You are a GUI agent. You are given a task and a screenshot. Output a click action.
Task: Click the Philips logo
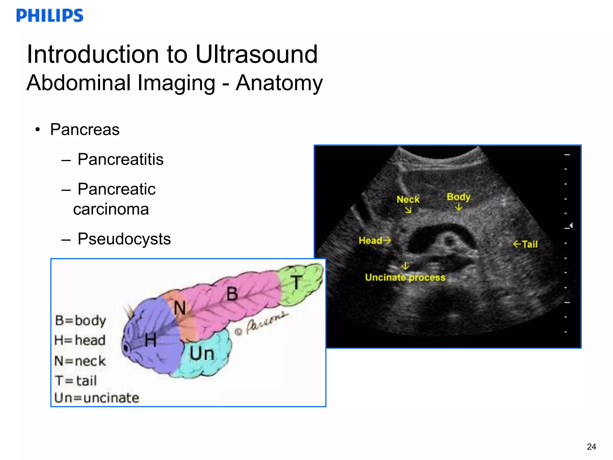[x=50, y=16]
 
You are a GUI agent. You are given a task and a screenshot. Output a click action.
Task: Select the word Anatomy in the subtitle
[x=279, y=83]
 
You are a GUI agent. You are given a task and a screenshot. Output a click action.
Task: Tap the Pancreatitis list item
[x=120, y=159]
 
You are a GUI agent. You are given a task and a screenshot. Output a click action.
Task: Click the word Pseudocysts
[x=124, y=239]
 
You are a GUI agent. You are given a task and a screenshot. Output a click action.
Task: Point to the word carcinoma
[x=111, y=209]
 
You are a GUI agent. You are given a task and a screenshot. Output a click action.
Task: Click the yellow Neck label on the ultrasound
[x=408, y=199]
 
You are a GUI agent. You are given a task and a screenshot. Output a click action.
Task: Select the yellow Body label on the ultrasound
[x=458, y=197]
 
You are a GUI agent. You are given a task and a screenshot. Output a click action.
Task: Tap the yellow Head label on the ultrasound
[x=371, y=240]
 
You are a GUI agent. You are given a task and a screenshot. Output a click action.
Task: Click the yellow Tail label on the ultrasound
[x=529, y=244]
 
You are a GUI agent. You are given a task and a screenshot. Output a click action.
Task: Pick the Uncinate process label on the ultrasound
[x=405, y=277]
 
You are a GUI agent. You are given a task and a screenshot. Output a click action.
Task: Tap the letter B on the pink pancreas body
[x=232, y=294]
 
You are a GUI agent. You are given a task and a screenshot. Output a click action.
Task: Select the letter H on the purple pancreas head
[x=151, y=341]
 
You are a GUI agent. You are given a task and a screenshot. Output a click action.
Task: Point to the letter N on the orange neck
[x=180, y=308]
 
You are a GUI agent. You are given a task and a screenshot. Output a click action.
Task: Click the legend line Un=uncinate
[x=97, y=398]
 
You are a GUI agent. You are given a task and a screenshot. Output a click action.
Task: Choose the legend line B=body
[x=81, y=321]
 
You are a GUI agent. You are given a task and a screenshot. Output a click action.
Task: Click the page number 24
[x=591, y=447]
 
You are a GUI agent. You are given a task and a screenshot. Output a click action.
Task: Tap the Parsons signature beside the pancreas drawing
[x=263, y=323]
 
